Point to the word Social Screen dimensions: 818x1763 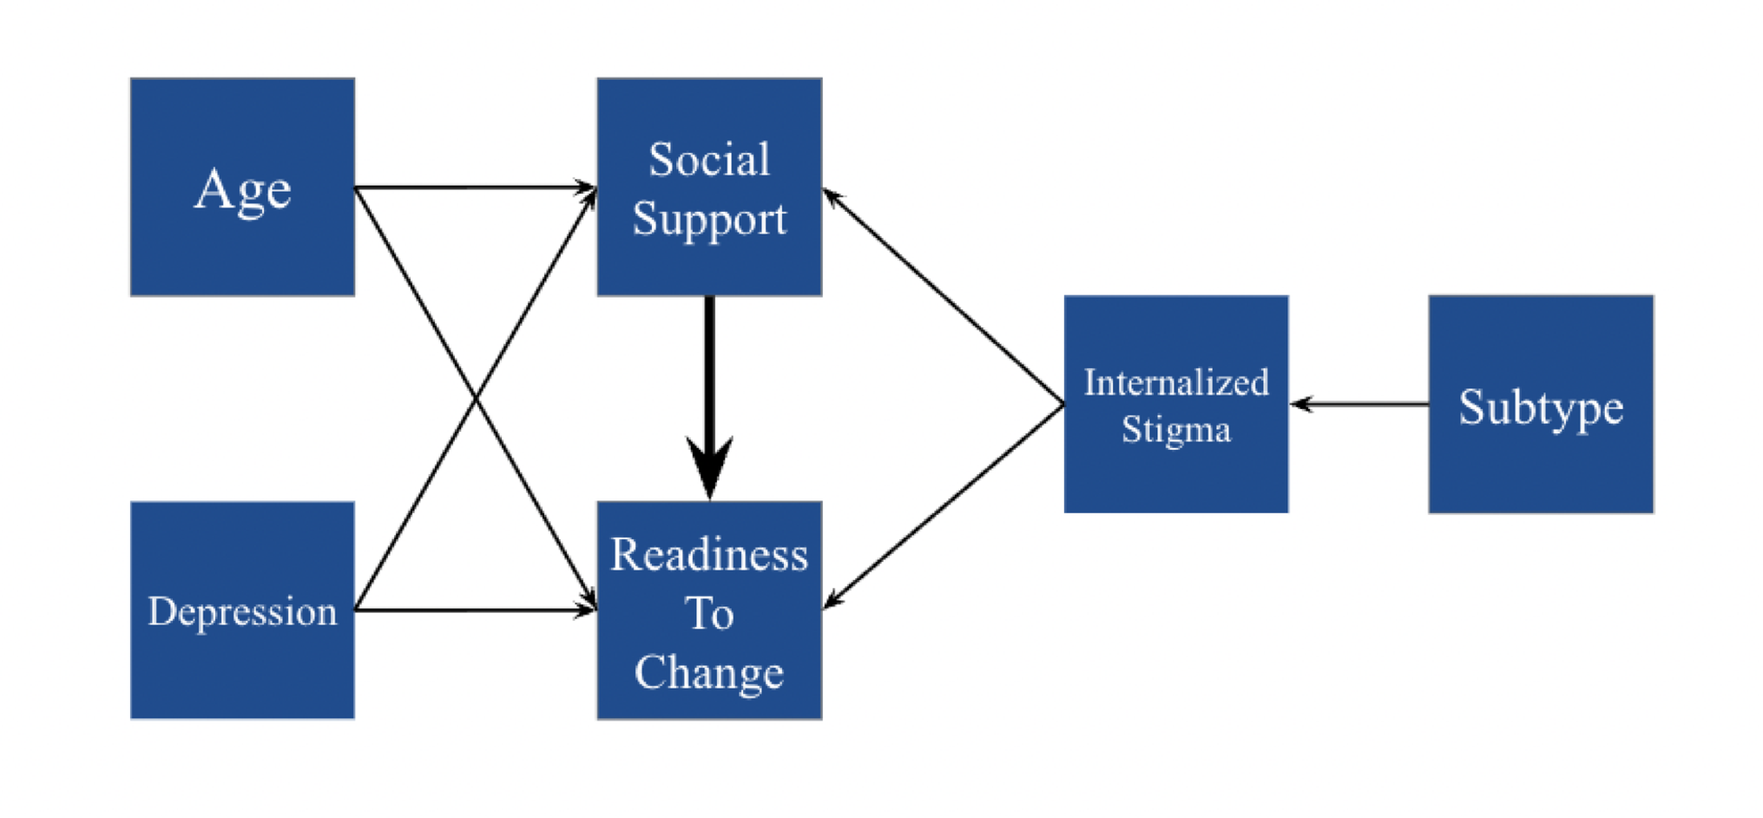(709, 160)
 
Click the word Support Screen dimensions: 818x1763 (709, 219)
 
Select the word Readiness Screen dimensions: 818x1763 (709, 555)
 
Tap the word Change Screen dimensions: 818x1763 (709, 673)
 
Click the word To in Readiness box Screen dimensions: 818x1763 (709, 614)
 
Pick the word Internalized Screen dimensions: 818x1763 (1176, 383)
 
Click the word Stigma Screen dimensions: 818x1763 (1176, 430)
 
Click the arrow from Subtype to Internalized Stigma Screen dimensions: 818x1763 (1363, 405)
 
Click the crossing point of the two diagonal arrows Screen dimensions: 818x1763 (476, 399)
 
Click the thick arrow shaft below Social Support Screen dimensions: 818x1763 (709, 365)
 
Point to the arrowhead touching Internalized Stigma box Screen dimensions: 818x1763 (1300, 405)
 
